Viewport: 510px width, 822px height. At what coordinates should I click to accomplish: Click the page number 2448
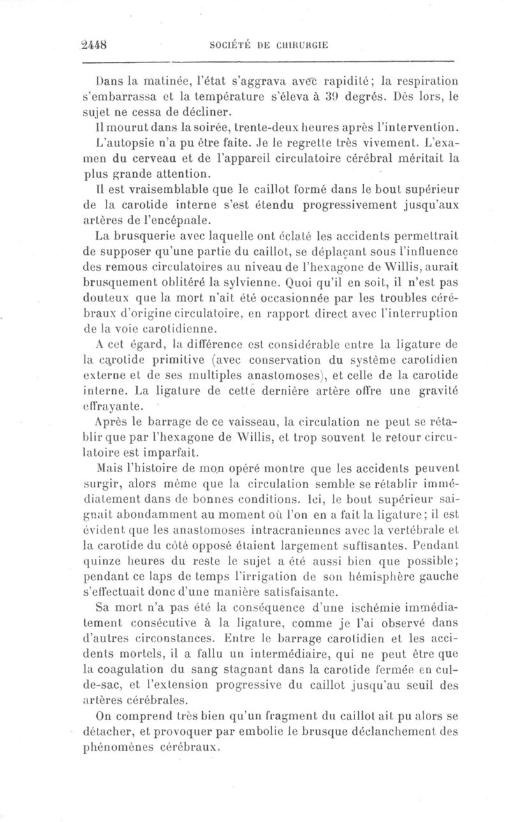(x=94, y=45)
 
